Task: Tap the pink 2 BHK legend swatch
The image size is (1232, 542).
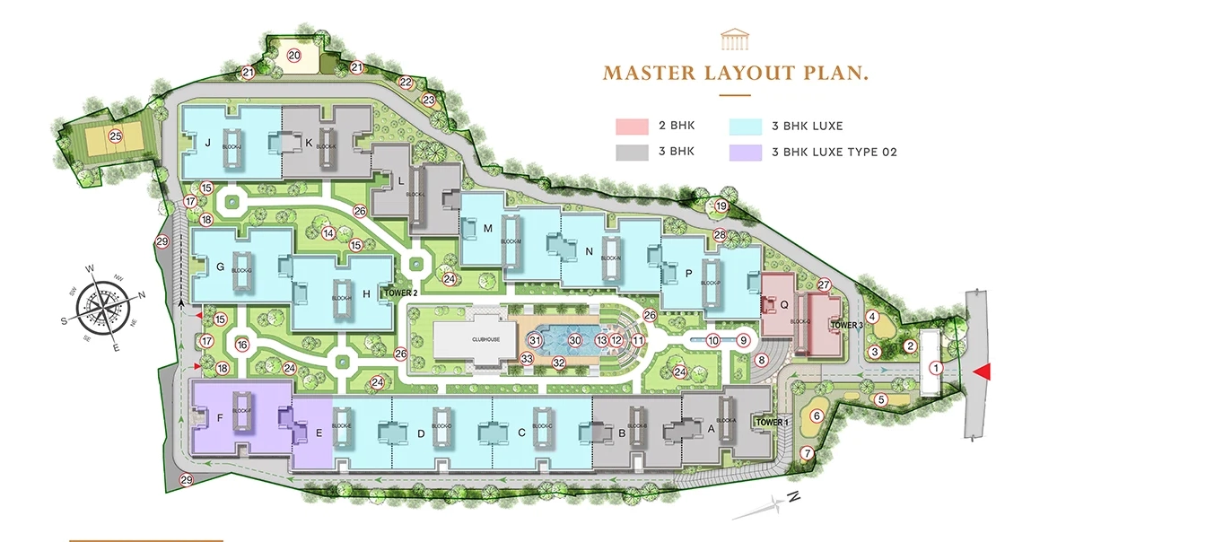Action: pos(632,126)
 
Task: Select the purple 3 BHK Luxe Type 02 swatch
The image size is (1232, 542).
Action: pos(746,153)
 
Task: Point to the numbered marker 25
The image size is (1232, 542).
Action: pos(115,136)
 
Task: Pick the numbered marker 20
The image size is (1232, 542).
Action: pos(294,56)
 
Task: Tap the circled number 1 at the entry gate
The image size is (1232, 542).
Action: pos(934,367)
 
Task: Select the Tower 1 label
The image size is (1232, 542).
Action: pos(772,422)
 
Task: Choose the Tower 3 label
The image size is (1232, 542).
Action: pos(846,325)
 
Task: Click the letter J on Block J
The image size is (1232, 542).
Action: pos(207,142)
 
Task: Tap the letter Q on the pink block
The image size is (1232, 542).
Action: pos(783,304)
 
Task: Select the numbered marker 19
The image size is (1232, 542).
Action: pos(721,206)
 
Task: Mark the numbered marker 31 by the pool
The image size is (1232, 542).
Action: pos(535,340)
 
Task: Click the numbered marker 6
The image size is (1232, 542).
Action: pos(816,415)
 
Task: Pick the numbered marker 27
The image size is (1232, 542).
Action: pos(825,285)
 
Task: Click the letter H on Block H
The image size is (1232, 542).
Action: pos(366,293)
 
